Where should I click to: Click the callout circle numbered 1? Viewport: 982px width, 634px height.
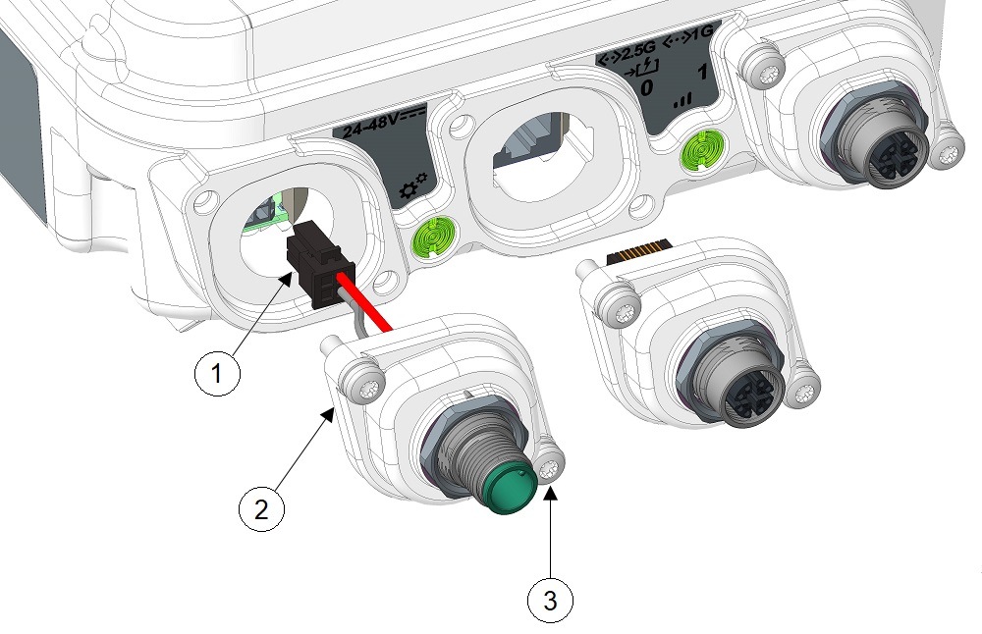click(x=217, y=374)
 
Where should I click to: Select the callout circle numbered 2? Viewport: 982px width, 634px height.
click(x=261, y=508)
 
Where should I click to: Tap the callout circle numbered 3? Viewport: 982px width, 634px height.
click(x=550, y=601)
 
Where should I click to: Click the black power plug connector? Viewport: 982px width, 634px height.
click(x=320, y=265)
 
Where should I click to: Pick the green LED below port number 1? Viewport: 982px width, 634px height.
click(x=702, y=150)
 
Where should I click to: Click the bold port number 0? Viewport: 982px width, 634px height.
click(x=646, y=87)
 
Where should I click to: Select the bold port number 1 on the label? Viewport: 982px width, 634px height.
click(x=703, y=72)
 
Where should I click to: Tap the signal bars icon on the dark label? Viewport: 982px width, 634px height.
click(x=682, y=101)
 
